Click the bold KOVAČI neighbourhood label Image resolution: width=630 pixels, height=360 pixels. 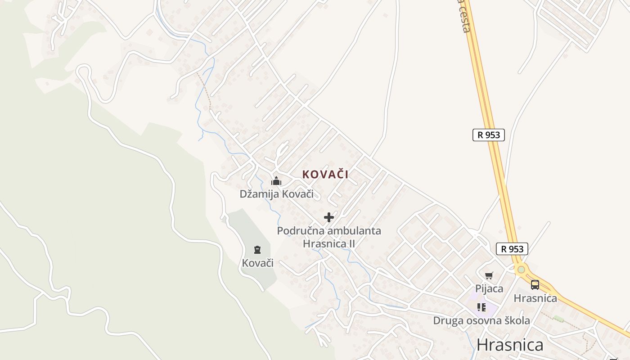[325, 175]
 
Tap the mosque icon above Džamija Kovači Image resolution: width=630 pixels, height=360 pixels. [276, 181]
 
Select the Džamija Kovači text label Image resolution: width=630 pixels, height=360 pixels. [276, 194]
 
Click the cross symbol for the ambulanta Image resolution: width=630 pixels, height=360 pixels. [329, 217]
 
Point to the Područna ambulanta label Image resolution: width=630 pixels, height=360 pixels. [329, 231]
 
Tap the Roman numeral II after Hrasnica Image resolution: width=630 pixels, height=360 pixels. [351, 243]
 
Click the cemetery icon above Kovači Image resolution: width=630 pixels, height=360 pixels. [257, 250]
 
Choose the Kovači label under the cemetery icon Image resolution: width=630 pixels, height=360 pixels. [257, 263]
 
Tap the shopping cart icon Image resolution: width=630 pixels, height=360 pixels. [489, 275]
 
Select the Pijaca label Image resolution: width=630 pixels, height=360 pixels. [489, 288]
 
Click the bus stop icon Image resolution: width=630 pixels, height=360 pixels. [535, 284]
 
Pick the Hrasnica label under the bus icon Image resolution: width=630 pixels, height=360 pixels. [535, 298]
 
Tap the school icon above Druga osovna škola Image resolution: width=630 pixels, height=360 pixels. [481, 307]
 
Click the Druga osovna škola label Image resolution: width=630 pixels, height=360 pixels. [481, 320]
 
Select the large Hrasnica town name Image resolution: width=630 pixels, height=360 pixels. [510, 345]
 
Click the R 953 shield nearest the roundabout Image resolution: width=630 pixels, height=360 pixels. [512, 248]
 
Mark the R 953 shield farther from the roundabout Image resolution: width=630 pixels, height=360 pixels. [489, 135]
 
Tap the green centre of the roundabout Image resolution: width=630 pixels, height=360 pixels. [521, 270]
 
